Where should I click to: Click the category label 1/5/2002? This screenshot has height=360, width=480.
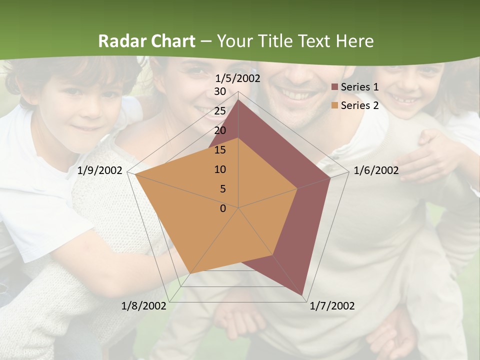(x=238, y=78)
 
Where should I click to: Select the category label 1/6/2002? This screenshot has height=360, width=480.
(x=376, y=170)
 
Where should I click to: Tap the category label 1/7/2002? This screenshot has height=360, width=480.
(x=332, y=306)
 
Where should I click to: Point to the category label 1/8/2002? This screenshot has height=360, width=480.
(x=144, y=306)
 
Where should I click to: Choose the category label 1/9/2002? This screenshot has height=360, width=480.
(x=100, y=170)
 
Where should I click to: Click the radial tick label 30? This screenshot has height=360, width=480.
(x=220, y=91)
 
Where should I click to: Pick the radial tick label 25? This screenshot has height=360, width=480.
(x=220, y=111)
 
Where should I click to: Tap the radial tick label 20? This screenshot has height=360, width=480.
(x=220, y=130)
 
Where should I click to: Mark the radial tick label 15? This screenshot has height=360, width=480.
(x=220, y=150)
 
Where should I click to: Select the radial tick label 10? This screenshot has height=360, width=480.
(x=220, y=169)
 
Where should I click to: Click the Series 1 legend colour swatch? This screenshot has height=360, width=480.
(x=335, y=87)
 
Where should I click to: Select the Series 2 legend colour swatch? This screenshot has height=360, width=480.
(x=335, y=105)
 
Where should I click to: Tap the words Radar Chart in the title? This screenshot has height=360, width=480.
(x=146, y=41)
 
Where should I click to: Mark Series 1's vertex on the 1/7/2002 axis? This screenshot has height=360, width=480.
(x=302, y=295)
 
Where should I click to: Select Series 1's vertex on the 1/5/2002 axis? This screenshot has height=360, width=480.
(x=238, y=100)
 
